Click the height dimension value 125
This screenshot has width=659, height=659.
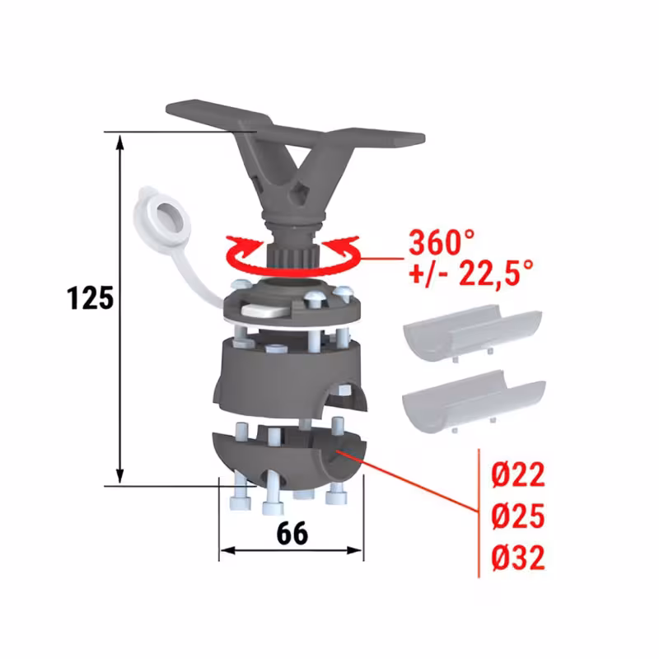[x=91, y=298]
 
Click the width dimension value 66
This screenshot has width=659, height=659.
[x=292, y=533]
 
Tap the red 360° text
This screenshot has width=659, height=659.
[x=442, y=242]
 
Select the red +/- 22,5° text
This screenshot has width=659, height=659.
[x=471, y=273]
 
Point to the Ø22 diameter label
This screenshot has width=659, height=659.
[x=518, y=474]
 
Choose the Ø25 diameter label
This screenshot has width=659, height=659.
[x=518, y=516]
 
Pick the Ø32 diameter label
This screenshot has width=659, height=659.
[x=518, y=557]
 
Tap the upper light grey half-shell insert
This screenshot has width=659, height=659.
[x=472, y=333]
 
